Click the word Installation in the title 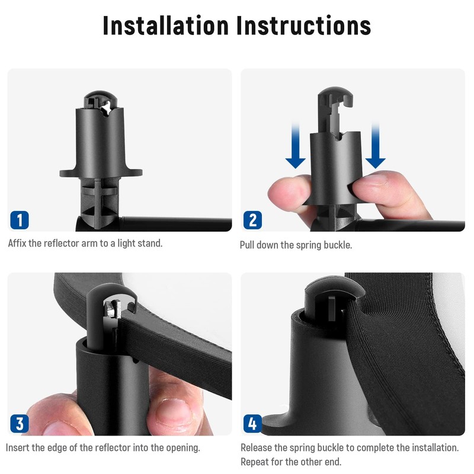[x=166, y=25]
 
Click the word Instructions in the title [x=303, y=25]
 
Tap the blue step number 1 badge [x=20, y=220]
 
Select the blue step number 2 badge [x=253, y=220]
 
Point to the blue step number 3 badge [x=20, y=424]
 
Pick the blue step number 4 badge [x=253, y=424]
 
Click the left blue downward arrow [x=295, y=145]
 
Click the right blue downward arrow [x=376, y=145]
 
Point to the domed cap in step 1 [x=100, y=99]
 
